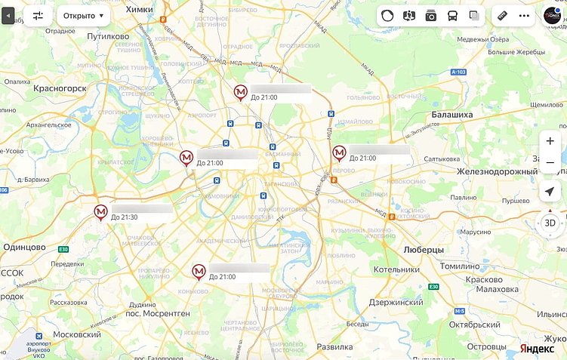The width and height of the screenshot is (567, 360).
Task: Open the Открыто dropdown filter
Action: [83, 15]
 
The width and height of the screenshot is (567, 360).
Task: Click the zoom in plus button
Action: [550, 141]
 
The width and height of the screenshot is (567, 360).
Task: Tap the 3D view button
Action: [550, 223]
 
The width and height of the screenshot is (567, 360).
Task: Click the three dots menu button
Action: [524, 16]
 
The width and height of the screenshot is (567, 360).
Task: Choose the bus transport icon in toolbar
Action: [452, 16]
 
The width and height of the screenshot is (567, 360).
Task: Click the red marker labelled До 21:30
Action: [101, 212]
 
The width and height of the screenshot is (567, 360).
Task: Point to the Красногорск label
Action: [60, 88]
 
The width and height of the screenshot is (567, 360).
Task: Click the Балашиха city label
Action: [451, 115]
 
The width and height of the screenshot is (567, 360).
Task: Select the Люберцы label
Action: [424, 248]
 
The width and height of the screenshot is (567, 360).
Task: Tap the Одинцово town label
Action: [25, 247]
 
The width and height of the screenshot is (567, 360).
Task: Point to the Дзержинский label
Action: [396, 302]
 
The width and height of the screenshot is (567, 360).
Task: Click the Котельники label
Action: [396, 269]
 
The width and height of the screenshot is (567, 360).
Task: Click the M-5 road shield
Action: [460, 310]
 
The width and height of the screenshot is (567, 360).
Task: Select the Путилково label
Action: [108, 35]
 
